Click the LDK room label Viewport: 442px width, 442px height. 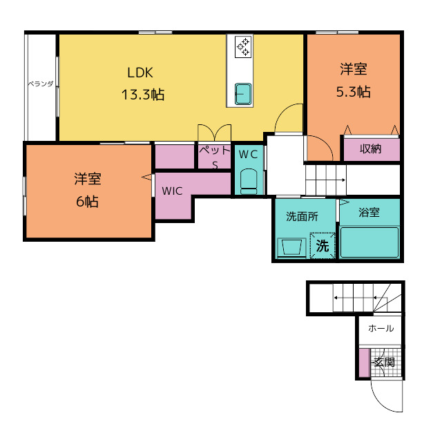[140, 73]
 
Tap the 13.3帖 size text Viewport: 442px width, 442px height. [143, 94]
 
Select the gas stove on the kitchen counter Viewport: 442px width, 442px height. [243, 47]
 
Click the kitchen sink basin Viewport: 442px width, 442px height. [243, 94]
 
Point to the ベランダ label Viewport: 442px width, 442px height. [41, 84]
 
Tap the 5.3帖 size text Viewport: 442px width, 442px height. [354, 92]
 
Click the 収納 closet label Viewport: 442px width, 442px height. [370, 148]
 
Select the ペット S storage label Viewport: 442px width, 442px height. [215, 157]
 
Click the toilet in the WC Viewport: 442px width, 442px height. [249, 181]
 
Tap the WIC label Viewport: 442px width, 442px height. [172, 191]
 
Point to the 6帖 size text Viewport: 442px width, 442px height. [88, 202]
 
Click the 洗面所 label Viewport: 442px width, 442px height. [302, 216]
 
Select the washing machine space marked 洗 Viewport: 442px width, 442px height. [323, 245]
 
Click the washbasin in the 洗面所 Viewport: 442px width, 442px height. [291, 247]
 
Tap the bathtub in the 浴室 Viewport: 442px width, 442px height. [369, 242]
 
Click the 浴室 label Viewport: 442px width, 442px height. [369, 213]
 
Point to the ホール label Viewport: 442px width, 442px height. [381, 328]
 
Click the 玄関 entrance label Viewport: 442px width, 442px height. [384, 362]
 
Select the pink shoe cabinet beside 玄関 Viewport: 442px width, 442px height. [364, 363]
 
